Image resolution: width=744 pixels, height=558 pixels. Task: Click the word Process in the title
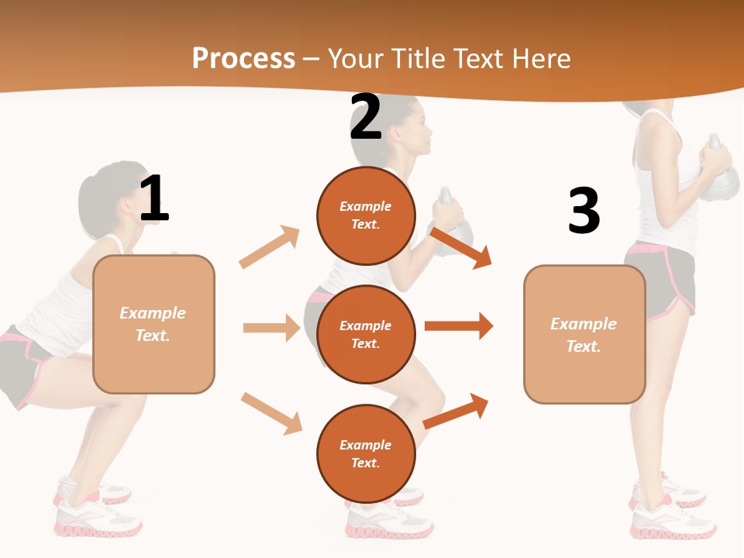243,59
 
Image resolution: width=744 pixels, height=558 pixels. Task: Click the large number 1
154,198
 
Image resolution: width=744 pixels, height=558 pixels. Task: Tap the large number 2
366,117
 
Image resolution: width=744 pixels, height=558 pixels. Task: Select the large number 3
584,211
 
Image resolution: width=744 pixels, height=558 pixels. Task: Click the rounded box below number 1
153,324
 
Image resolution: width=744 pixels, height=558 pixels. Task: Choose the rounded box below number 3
584,335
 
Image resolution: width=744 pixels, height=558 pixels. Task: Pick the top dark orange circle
366,215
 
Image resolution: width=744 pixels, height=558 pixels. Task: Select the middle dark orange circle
366,335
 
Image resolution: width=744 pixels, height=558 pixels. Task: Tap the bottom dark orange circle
366,454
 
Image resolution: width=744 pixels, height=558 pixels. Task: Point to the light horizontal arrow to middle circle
271,328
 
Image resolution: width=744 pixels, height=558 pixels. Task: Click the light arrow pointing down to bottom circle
271,413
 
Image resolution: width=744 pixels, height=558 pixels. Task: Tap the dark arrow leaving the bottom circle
456,411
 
